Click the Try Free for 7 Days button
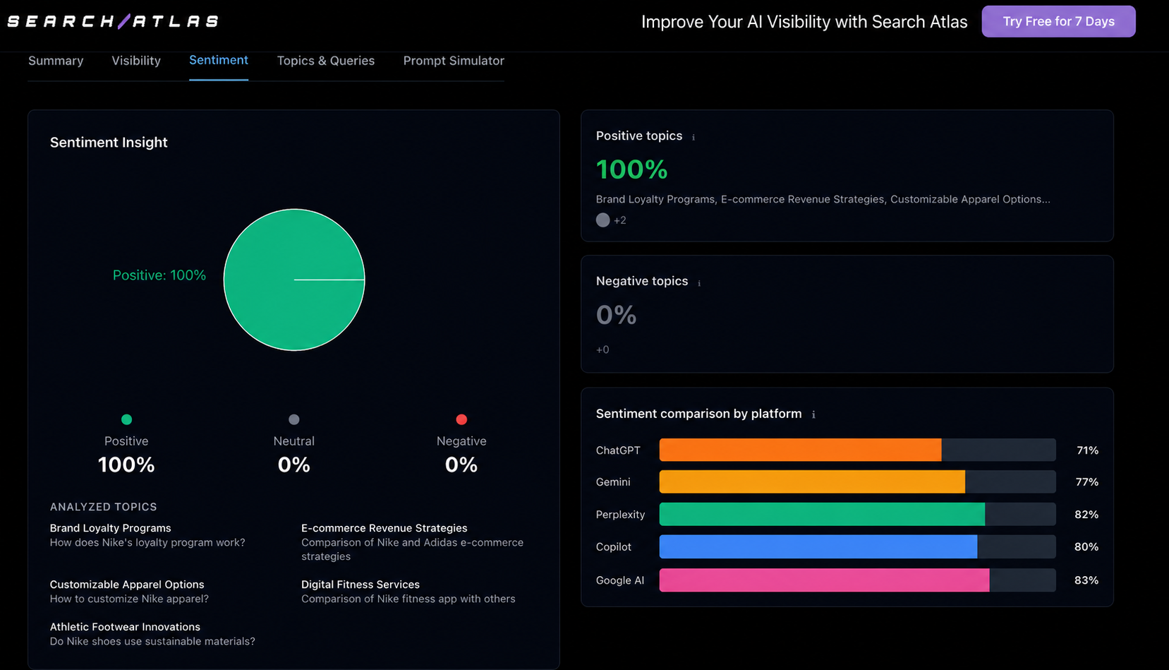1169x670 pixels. pos(1058,21)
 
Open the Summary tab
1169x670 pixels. pos(56,61)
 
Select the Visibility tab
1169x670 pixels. pos(136,61)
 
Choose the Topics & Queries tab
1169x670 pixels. pos(326,61)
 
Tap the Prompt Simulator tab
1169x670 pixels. pos(454,61)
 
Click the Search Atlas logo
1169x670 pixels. pos(113,21)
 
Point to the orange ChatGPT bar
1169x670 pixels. pos(801,450)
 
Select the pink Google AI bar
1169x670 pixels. pos(825,580)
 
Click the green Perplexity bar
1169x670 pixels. pos(823,515)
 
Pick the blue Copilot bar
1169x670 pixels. pos(818,546)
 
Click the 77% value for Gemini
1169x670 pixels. pos(1087,481)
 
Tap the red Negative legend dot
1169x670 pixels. pos(461,419)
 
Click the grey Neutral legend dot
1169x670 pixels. pos(293,419)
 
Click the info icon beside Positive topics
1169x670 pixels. pos(693,138)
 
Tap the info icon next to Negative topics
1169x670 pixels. pos(699,283)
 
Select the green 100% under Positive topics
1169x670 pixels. pos(631,169)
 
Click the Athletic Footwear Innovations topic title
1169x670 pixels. pos(125,627)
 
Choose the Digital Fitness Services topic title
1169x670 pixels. pos(360,585)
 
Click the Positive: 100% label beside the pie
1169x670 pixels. pos(159,275)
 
